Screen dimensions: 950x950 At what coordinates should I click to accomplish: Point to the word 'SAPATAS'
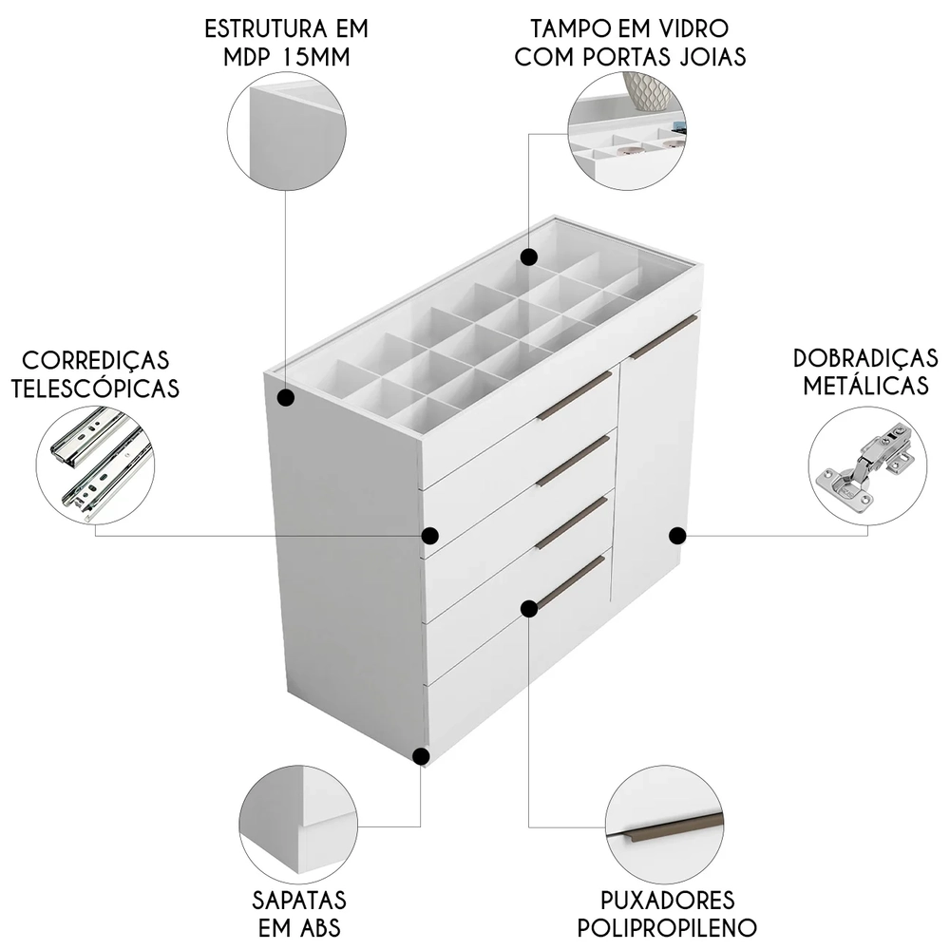tap(299, 900)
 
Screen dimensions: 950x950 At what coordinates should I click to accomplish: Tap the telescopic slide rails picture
tap(97, 465)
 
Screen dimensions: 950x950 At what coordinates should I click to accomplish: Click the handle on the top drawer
tap(576, 395)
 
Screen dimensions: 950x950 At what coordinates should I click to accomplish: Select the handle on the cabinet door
tap(662, 339)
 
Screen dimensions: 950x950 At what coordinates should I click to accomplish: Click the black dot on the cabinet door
tap(677, 536)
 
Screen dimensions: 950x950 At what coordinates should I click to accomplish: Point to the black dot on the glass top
tap(529, 256)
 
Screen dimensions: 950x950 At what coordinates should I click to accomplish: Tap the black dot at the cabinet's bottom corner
tap(423, 756)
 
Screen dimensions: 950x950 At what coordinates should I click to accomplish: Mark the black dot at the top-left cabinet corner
tap(286, 398)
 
